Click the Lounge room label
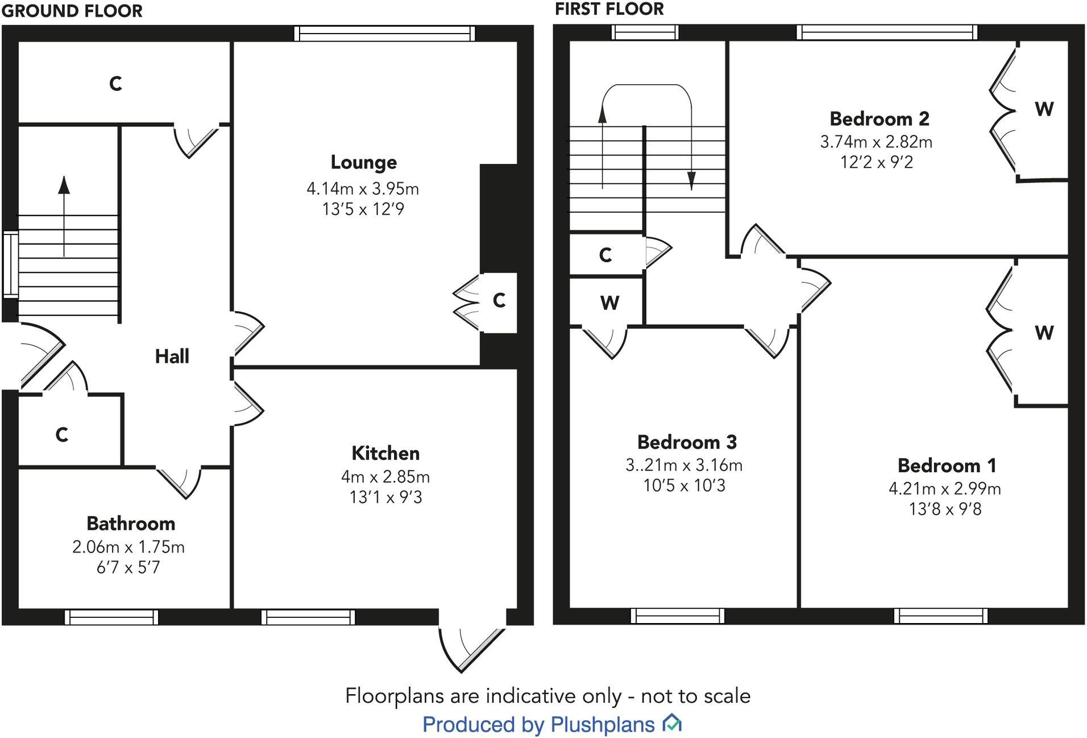click(364, 163)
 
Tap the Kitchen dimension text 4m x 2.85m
click(385, 477)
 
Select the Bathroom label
click(131, 523)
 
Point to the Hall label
click(172, 357)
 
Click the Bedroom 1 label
click(947, 466)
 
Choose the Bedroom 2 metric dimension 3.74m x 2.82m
click(876, 142)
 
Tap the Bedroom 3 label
click(687, 442)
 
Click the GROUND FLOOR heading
click(72, 11)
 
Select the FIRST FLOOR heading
click(609, 9)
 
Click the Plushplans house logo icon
click(672, 723)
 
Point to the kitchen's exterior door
click(472, 649)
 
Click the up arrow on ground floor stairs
click(64, 185)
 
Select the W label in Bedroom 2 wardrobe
click(1044, 109)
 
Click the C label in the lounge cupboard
click(499, 300)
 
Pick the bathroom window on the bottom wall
click(111, 617)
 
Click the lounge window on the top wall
click(384, 34)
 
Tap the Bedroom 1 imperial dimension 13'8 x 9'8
click(945, 509)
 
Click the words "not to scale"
click(695, 696)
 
